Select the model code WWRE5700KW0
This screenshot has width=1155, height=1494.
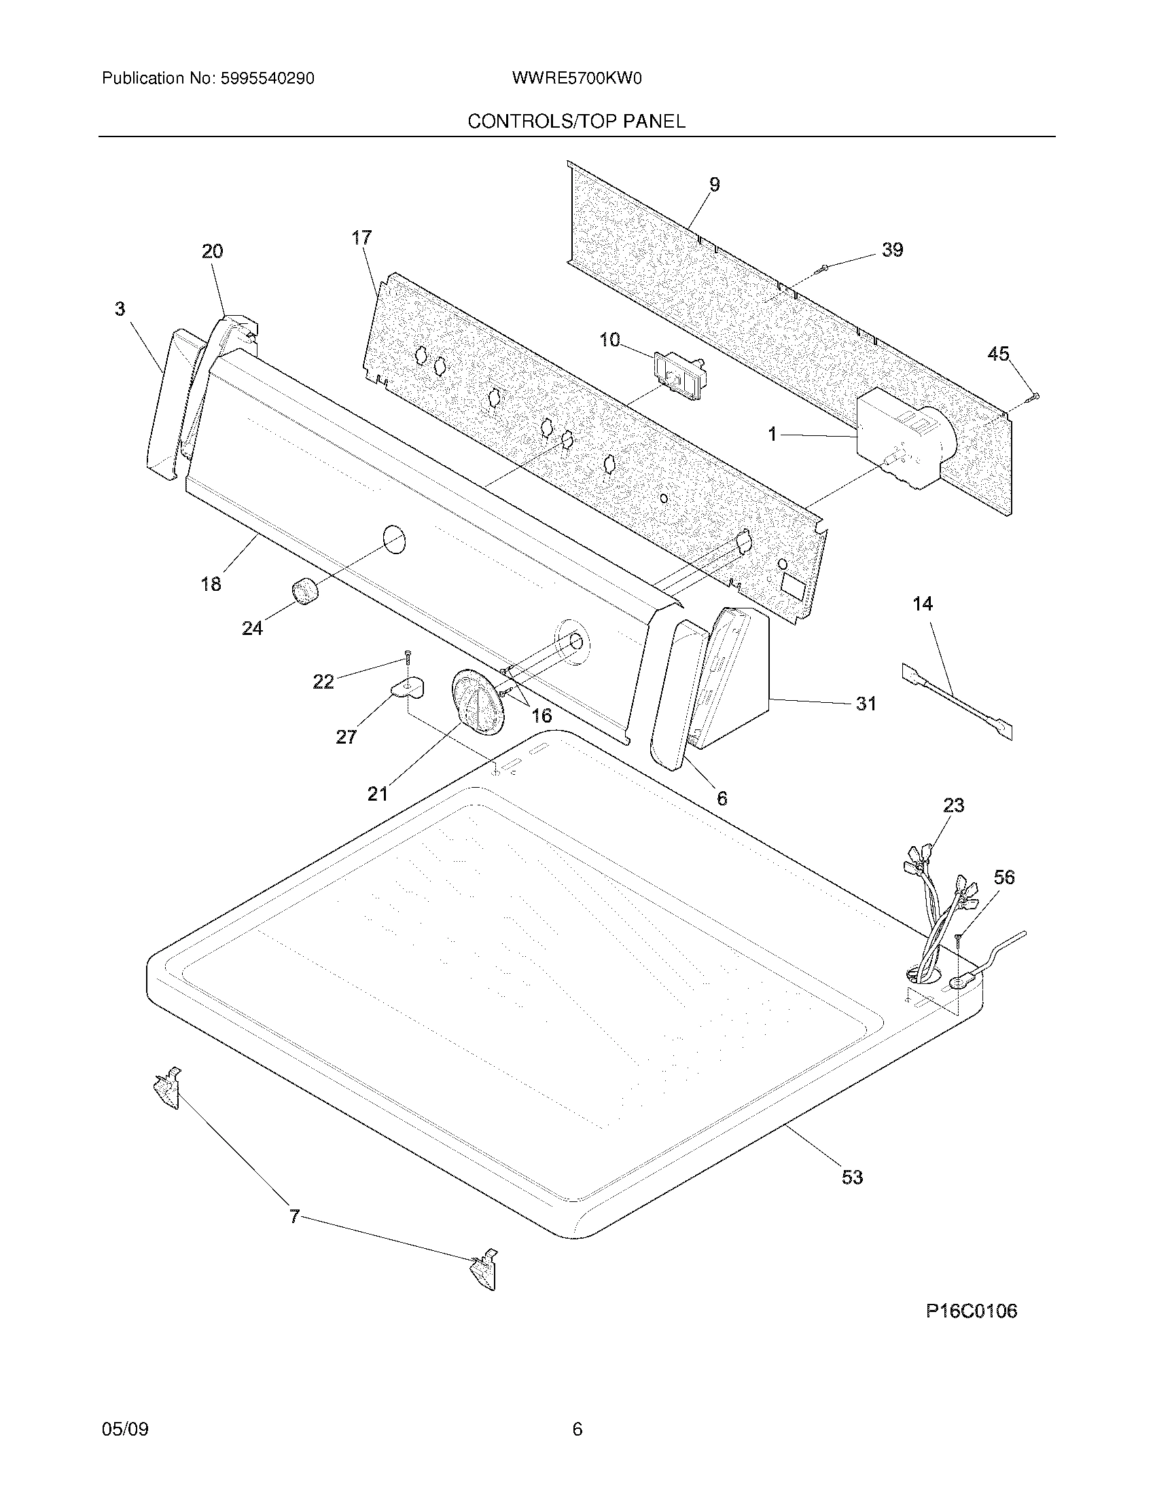pyautogui.click(x=576, y=79)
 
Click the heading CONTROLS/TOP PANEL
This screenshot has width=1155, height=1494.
pyautogui.click(x=576, y=122)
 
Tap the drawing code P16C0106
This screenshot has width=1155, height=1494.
pyautogui.click(x=972, y=1311)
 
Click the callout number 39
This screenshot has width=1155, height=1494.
pyautogui.click(x=892, y=251)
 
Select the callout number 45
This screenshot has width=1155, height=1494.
pyautogui.click(x=998, y=354)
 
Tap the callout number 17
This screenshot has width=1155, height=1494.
pyautogui.click(x=361, y=238)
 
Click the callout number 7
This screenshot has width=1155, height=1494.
pyautogui.click(x=294, y=1217)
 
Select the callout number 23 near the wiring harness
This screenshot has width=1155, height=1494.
pyautogui.click(x=953, y=806)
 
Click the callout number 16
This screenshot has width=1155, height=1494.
pyautogui.click(x=541, y=716)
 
